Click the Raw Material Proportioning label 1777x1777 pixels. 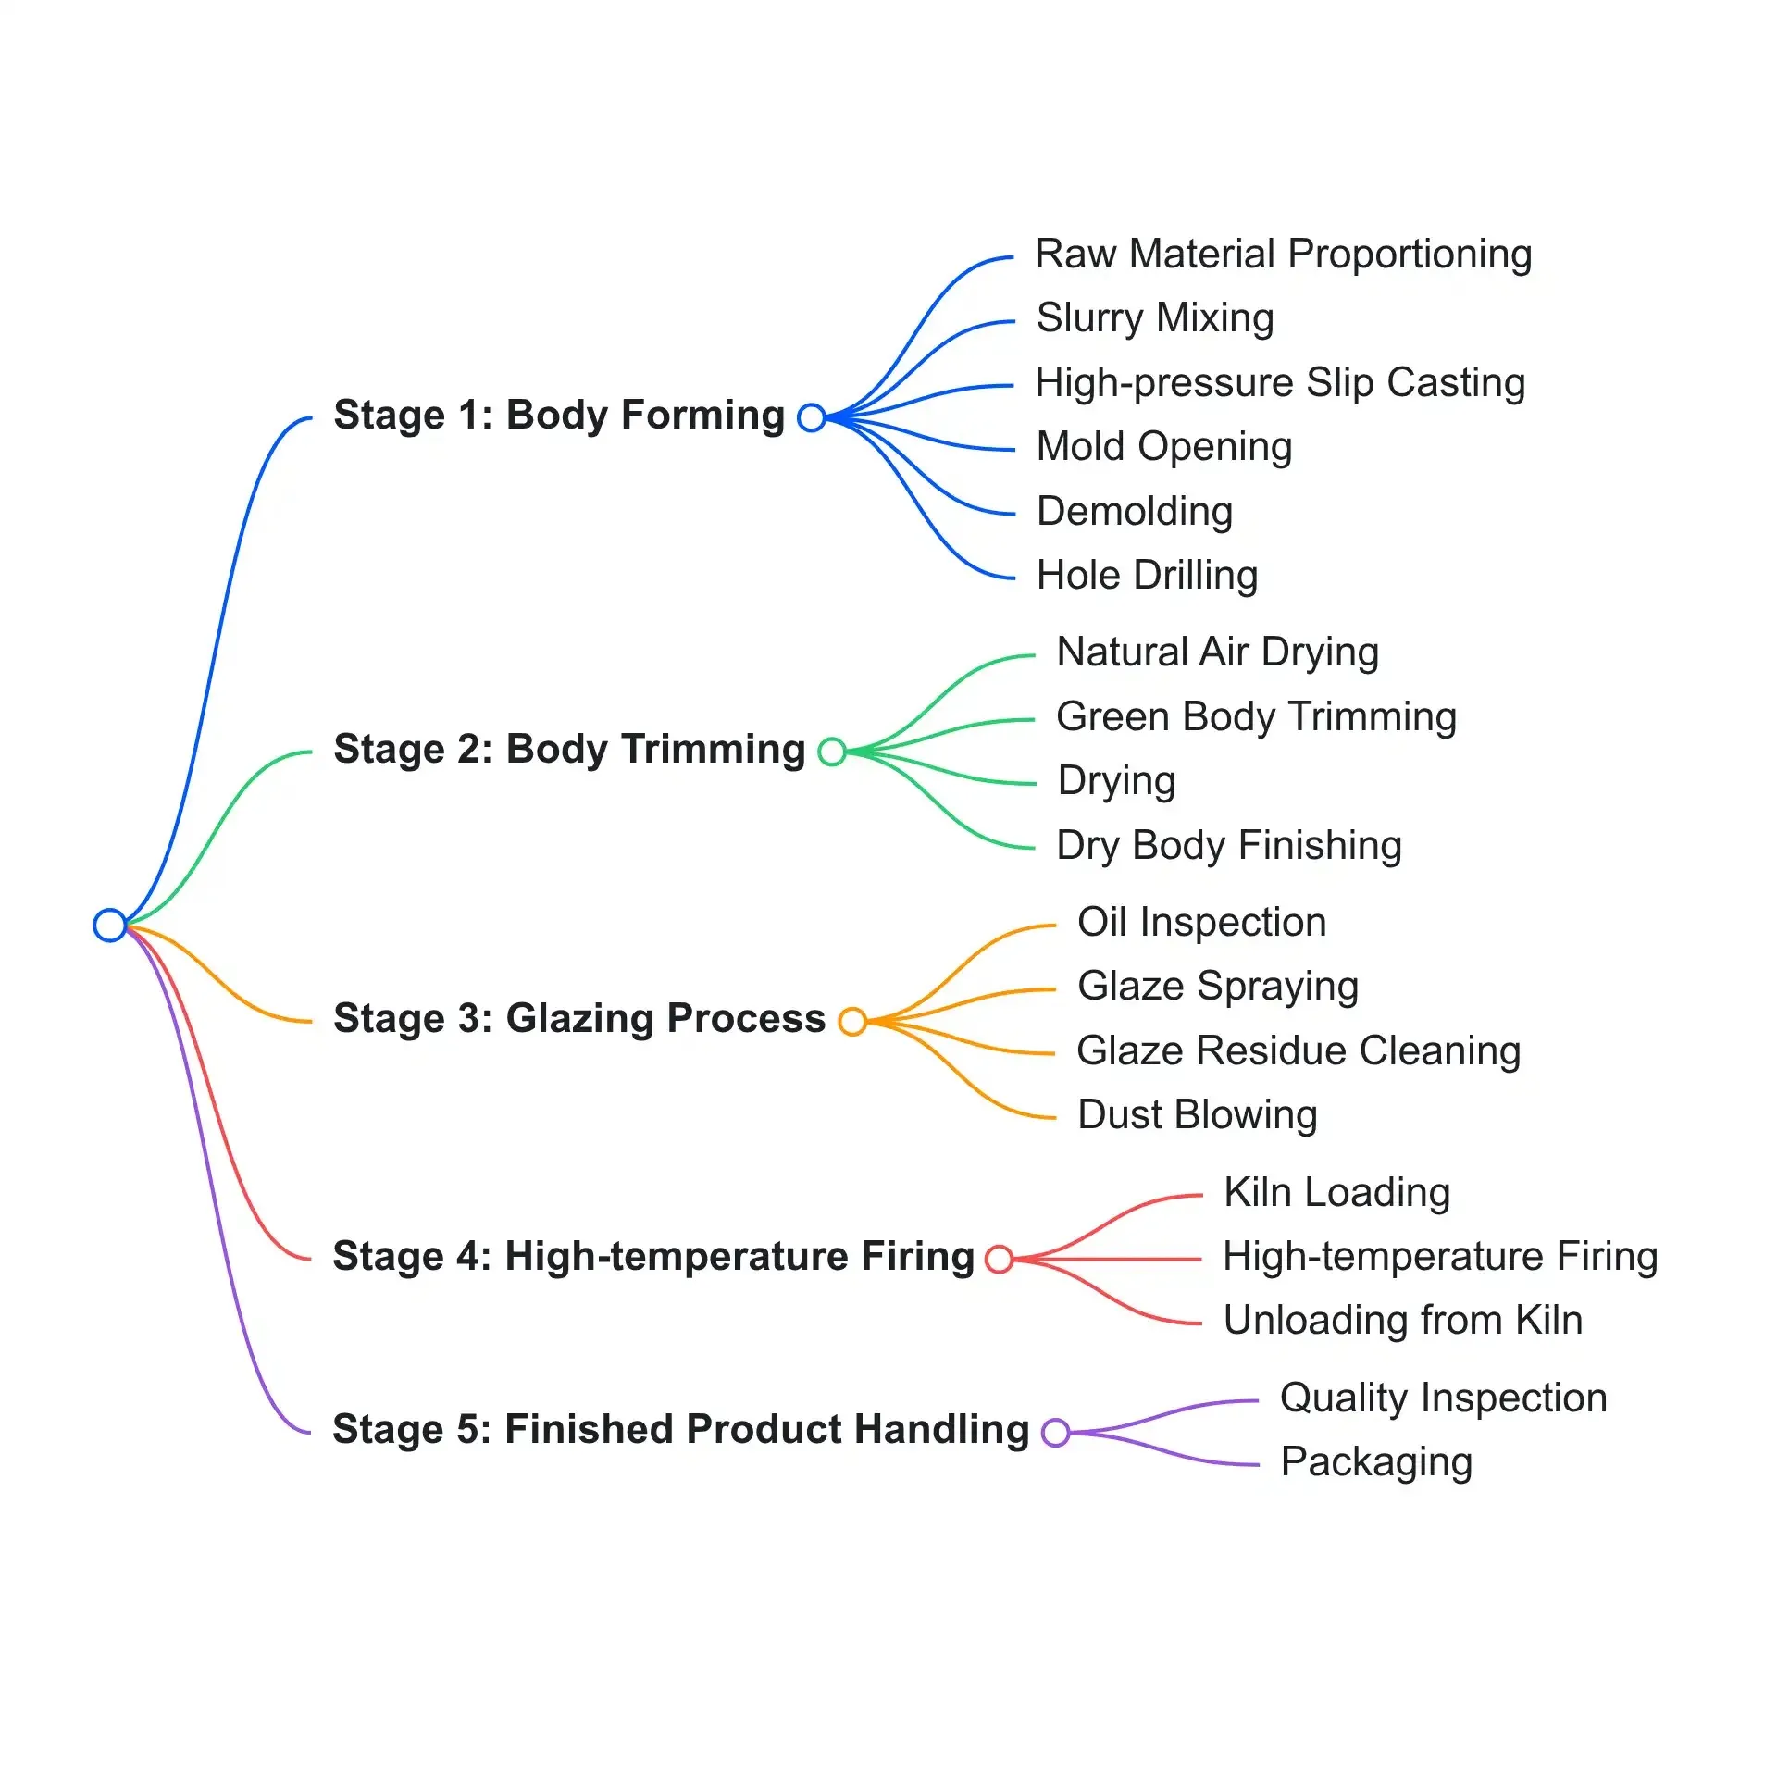[x=1283, y=255]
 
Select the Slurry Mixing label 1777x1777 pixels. [x=1155, y=318]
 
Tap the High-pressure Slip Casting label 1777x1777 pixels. [x=1280, y=383]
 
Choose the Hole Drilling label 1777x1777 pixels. [x=1148, y=576]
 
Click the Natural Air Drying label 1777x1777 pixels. [x=1218, y=652]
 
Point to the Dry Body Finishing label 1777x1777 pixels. [x=1229, y=846]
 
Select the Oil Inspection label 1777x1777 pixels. [x=1202, y=923]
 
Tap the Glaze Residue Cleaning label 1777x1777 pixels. [x=1299, y=1051]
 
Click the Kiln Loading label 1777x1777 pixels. [x=1336, y=1193]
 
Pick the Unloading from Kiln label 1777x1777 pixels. [x=1403, y=1321]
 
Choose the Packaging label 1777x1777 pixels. [x=1376, y=1463]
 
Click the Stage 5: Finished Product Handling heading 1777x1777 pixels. [x=681, y=1430]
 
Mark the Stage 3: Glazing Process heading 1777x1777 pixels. [x=579, y=1019]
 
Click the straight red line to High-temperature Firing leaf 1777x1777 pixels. [x=1108, y=1259]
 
